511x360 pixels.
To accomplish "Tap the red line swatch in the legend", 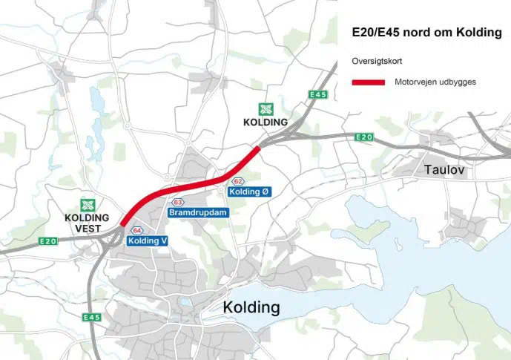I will (368, 82).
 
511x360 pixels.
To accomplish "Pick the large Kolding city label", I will (251, 307).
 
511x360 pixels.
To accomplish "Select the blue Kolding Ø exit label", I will (249, 192).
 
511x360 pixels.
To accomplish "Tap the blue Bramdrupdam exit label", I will (198, 212).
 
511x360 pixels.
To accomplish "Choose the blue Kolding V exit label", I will (148, 240).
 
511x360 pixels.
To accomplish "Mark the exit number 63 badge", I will (178, 203).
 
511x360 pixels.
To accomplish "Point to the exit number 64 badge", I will (137, 231).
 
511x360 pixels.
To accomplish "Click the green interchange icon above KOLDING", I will (265, 109).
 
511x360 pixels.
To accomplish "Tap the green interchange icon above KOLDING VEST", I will (88, 205).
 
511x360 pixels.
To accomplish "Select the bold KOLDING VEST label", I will (88, 223).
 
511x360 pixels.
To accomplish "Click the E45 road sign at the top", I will (318, 94).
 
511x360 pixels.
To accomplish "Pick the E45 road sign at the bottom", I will (92, 318).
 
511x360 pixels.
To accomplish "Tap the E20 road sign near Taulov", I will (363, 137).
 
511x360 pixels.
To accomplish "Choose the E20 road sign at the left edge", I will (48, 241).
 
